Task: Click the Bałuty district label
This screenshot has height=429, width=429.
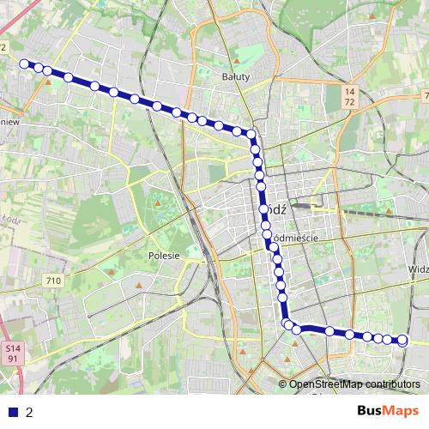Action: pos(235,76)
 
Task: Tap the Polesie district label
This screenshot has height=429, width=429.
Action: pos(163,255)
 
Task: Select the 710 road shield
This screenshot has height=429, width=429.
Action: pos(54,281)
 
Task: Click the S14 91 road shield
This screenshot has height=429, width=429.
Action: pos(11,354)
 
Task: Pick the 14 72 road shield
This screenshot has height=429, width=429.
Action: pos(348,96)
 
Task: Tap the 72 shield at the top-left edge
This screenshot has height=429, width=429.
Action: pos(3,47)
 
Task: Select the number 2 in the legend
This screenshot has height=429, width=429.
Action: pos(29,412)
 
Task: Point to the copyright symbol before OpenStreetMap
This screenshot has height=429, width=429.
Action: pos(282,384)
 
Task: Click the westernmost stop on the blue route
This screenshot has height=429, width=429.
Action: pos(25,63)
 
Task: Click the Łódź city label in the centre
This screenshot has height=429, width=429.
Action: pos(276,208)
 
